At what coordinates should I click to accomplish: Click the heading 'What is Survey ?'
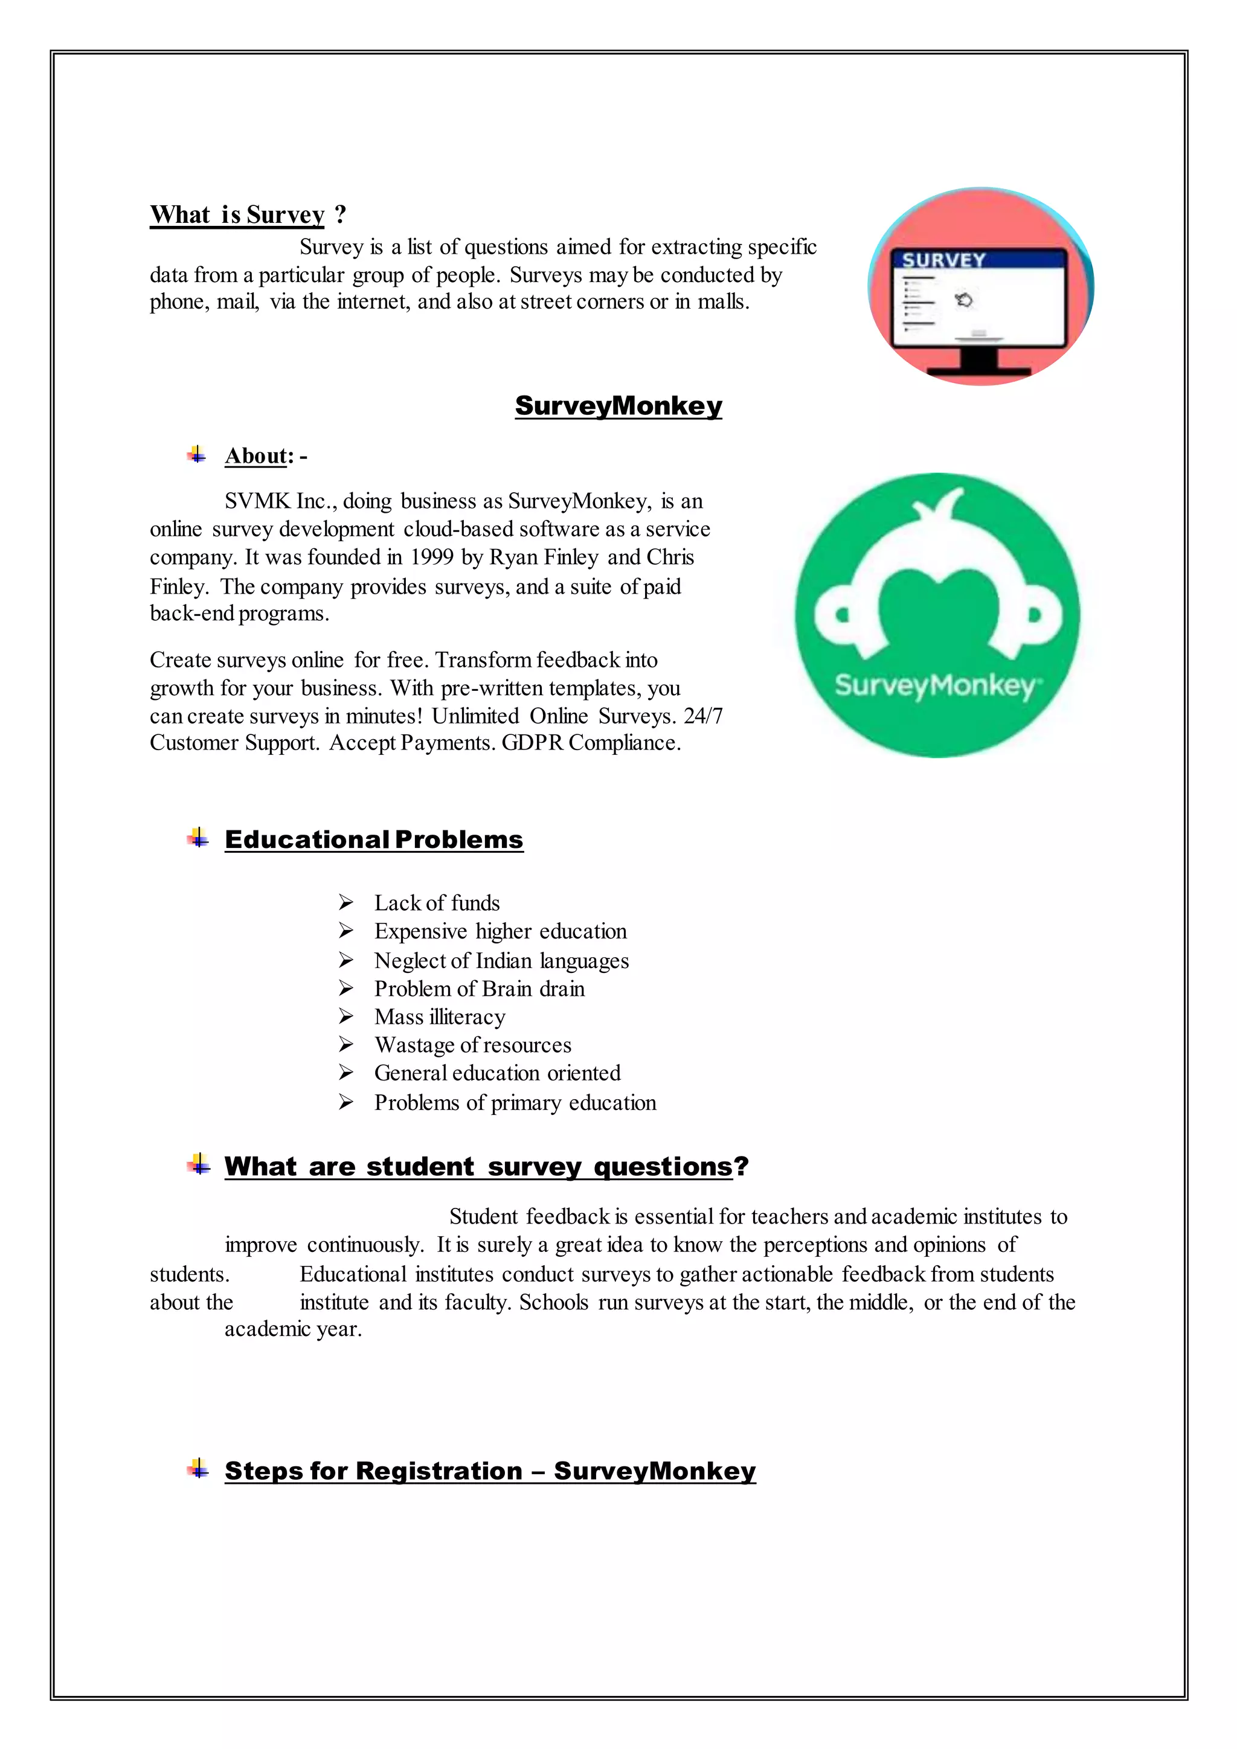(x=248, y=215)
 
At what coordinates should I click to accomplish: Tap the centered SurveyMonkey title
(x=618, y=405)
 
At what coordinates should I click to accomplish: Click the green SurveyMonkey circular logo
(x=937, y=615)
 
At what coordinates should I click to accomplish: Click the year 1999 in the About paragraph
(x=432, y=557)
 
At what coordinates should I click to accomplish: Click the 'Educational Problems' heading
(x=374, y=839)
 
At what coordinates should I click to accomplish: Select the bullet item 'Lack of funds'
(x=437, y=903)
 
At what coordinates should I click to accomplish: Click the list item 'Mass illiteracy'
(x=440, y=1018)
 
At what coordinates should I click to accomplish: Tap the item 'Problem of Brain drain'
(x=479, y=989)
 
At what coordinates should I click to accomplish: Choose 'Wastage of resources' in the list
(x=472, y=1045)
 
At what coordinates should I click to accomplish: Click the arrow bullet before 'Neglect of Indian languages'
(x=346, y=961)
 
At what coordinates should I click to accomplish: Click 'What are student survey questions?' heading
(x=486, y=1166)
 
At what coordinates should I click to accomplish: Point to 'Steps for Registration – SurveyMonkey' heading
(x=490, y=1471)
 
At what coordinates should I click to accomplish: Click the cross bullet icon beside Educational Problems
(x=198, y=839)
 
